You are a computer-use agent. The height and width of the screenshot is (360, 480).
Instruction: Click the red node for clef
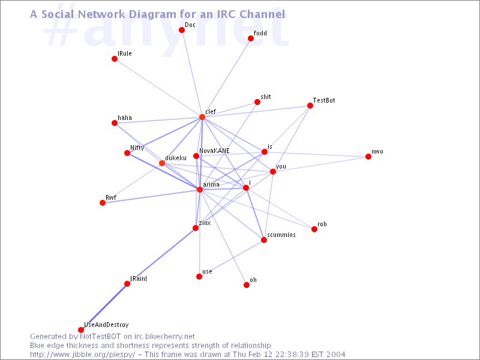click(x=202, y=117)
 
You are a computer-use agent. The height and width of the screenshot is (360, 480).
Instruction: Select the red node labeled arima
click(x=200, y=190)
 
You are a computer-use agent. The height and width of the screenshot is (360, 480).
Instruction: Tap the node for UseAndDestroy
click(x=81, y=329)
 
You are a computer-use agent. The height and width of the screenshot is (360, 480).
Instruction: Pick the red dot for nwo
click(x=368, y=157)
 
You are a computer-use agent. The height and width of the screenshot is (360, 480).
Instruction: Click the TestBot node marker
click(x=310, y=106)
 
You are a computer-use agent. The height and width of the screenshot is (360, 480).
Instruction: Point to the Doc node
click(x=182, y=30)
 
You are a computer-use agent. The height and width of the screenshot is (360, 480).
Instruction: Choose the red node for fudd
click(x=251, y=38)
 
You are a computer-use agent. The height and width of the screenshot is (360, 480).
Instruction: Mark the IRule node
click(x=115, y=59)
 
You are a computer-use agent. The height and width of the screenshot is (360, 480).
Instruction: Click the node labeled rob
click(x=314, y=229)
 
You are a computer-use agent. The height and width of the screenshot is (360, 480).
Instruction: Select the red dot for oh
click(x=247, y=285)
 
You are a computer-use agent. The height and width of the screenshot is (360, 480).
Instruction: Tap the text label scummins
click(x=281, y=235)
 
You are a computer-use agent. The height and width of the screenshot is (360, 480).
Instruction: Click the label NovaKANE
click(x=214, y=151)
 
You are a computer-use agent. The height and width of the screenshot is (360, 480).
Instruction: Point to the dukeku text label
click(x=176, y=158)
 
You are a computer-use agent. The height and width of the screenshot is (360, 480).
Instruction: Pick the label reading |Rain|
click(x=139, y=278)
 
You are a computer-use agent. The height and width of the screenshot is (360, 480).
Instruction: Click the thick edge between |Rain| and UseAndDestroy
click(x=104, y=307)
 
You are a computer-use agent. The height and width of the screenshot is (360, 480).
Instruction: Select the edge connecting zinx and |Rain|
click(x=161, y=256)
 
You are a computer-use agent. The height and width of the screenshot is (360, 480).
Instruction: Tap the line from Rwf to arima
click(x=151, y=196)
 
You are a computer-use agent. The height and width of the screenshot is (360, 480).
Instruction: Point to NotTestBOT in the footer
click(x=100, y=337)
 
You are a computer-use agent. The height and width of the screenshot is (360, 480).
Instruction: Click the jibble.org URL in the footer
click(x=82, y=355)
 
